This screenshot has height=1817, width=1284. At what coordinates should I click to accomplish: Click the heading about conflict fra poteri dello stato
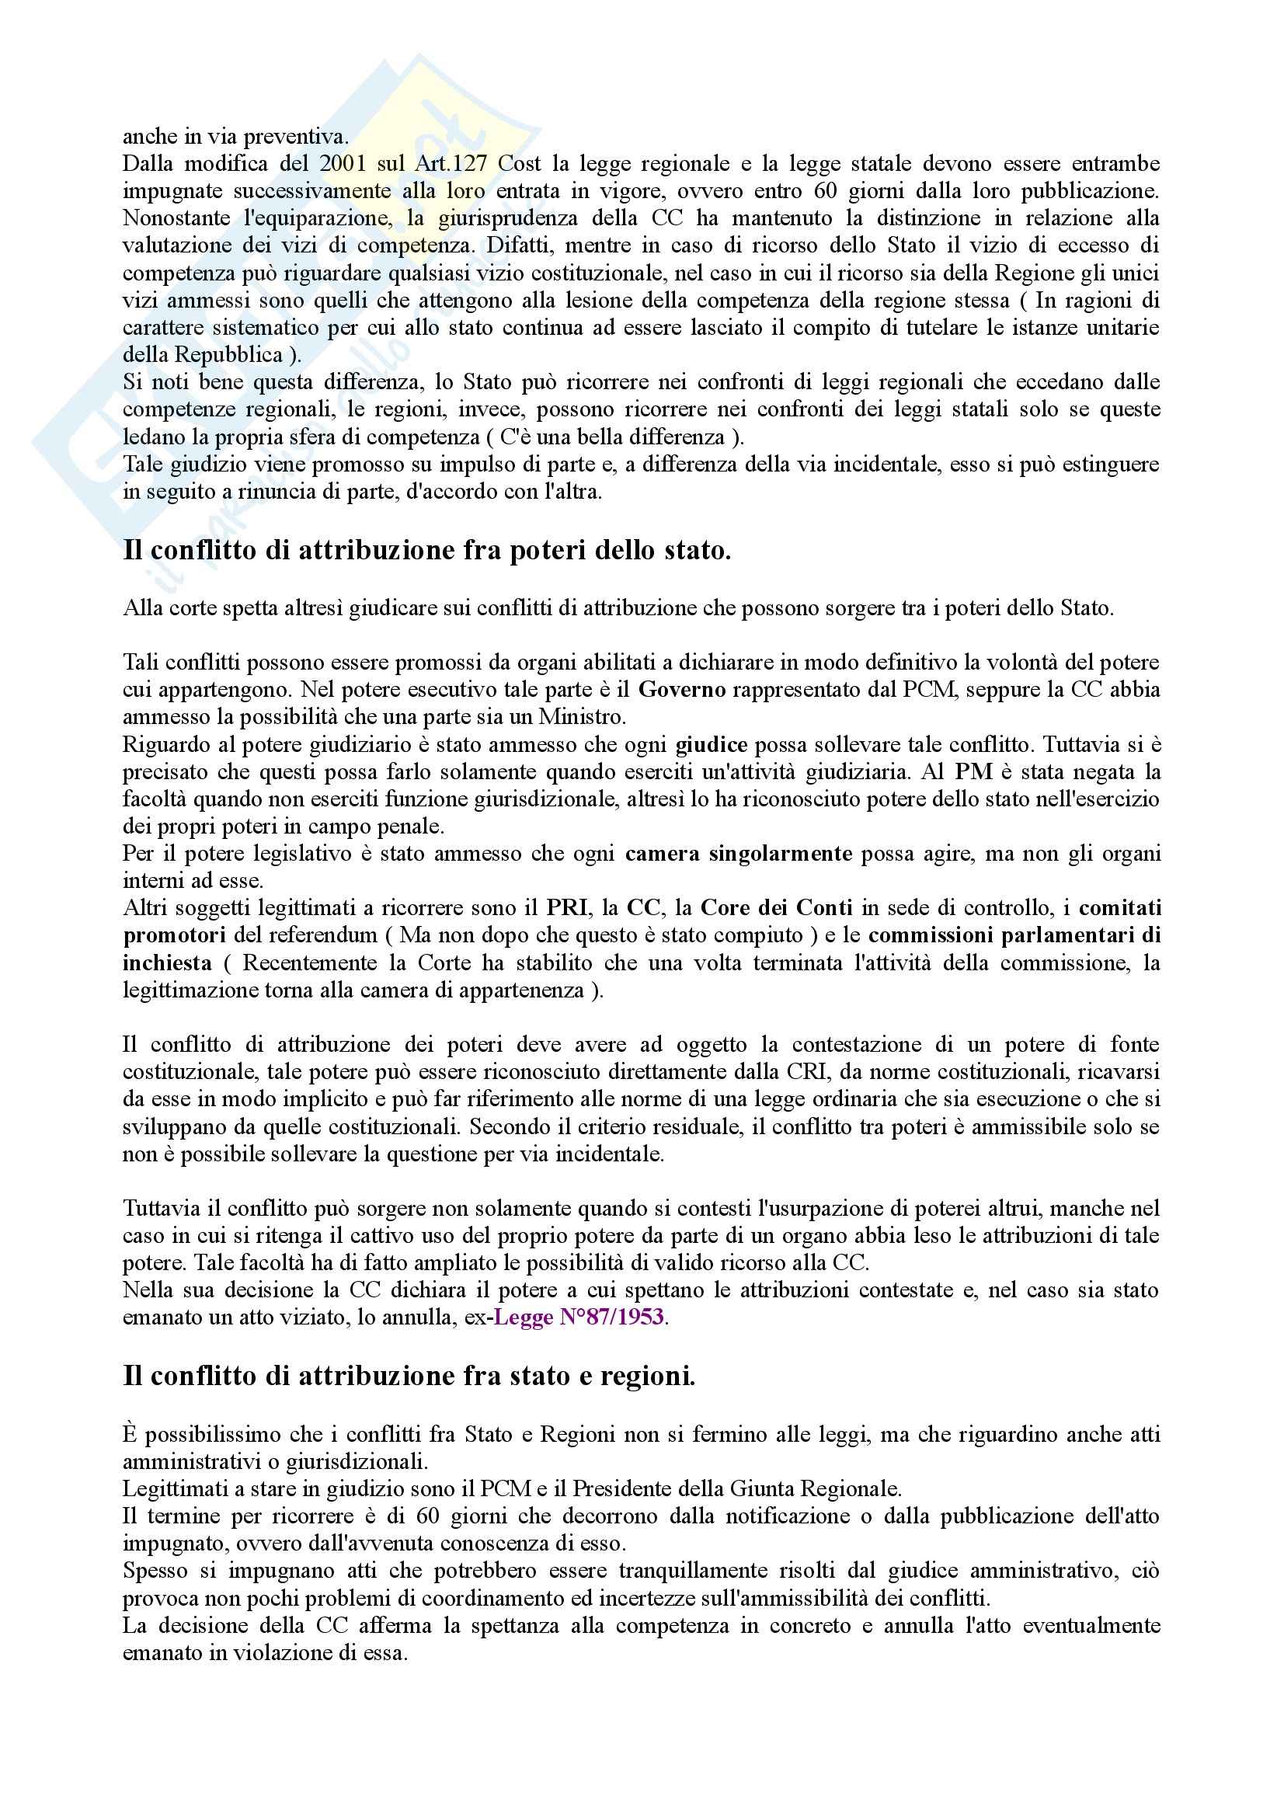pyautogui.click(x=426, y=550)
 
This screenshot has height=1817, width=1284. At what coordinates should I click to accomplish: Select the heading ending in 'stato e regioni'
pyautogui.click(x=409, y=1377)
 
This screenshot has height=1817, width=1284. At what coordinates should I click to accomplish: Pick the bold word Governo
pyautogui.click(x=682, y=689)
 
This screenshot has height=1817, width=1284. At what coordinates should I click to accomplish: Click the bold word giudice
pyautogui.click(x=711, y=745)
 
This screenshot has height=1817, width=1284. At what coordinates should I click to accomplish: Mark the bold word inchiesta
pyautogui.click(x=167, y=962)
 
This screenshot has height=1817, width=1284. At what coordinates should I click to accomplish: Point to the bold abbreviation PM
pyautogui.click(x=973, y=771)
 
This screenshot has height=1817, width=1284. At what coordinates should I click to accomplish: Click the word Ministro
pyautogui.click(x=582, y=717)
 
